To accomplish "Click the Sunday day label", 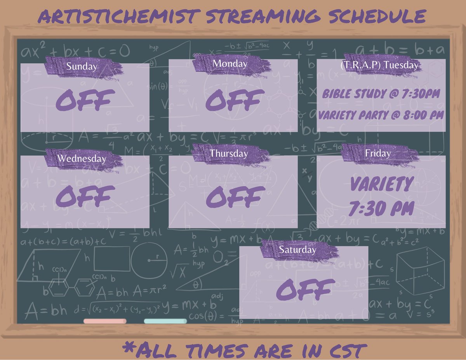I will pyautogui.click(x=82, y=66).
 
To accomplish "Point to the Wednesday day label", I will pyautogui.click(x=82, y=159).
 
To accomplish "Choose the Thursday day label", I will pyautogui.click(x=229, y=154).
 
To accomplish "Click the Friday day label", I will pyautogui.click(x=378, y=154).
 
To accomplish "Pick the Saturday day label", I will pyautogui.click(x=297, y=250).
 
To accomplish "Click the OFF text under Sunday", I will pyautogui.click(x=85, y=100).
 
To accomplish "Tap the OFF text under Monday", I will pyautogui.click(x=235, y=100).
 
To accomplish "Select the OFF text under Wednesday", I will pyautogui.click(x=85, y=196).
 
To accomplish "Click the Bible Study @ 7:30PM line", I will pyautogui.click(x=381, y=94).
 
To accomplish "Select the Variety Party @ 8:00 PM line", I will pyautogui.click(x=381, y=115).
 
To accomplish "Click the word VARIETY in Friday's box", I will pyautogui.click(x=381, y=184).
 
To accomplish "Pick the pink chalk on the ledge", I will pyautogui.click(x=105, y=321).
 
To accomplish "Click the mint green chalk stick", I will pyautogui.click(x=165, y=321).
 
